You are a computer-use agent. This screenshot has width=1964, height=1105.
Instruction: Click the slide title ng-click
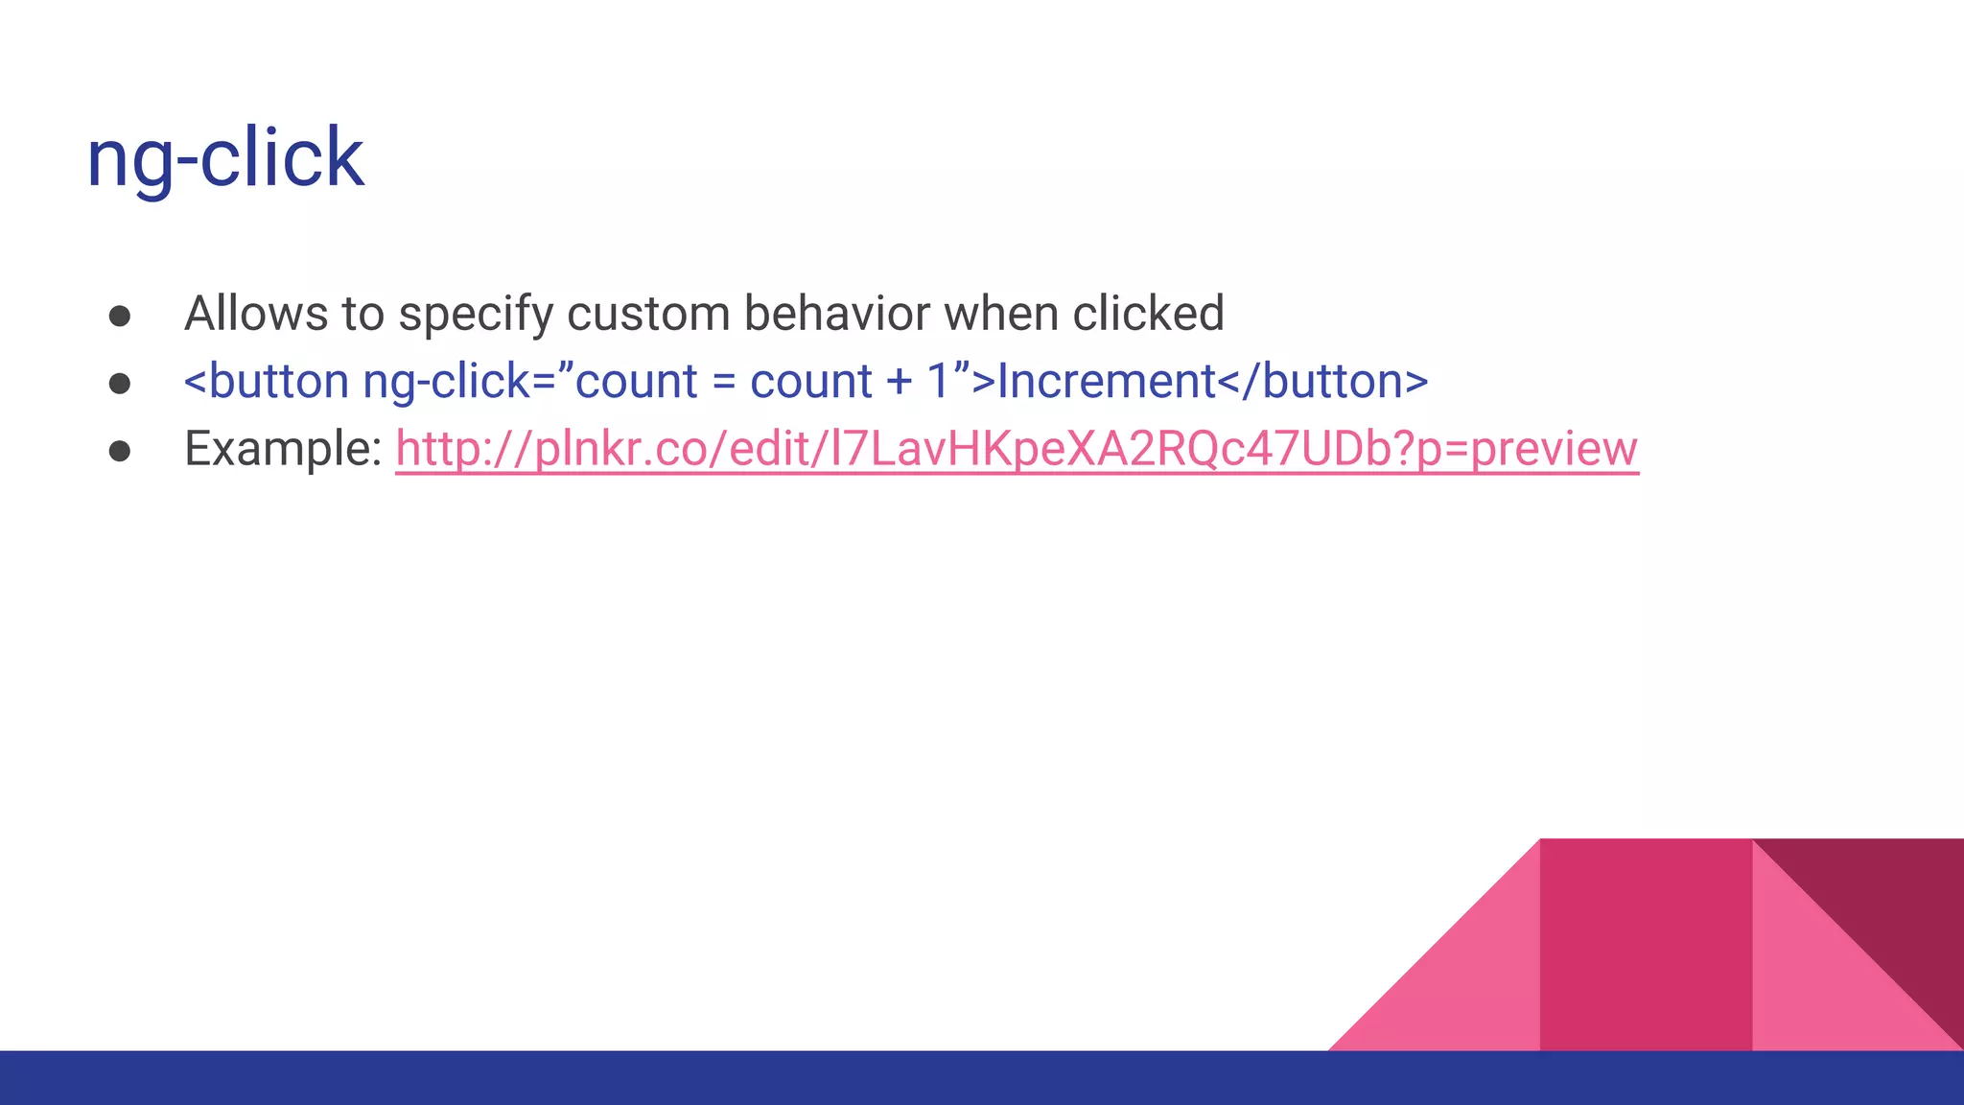pyautogui.click(x=224, y=158)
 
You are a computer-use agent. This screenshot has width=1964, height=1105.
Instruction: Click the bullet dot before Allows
pyautogui.click(x=120, y=317)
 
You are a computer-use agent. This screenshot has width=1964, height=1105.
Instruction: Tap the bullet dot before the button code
pyautogui.click(x=120, y=384)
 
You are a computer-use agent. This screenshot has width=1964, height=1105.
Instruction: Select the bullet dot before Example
pyautogui.click(x=120, y=451)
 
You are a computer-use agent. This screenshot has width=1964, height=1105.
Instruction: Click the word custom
pyautogui.click(x=653, y=314)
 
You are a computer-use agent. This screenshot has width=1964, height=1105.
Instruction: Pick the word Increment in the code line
pyautogui.click(x=1106, y=382)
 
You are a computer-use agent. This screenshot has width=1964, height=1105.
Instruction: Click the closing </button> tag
pyautogui.click(x=1323, y=382)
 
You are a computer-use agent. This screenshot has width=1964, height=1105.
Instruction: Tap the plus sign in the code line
pyautogui.click(x=899, y=383)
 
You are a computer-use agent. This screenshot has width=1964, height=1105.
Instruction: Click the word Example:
pyautogui.click(x=283, y=449)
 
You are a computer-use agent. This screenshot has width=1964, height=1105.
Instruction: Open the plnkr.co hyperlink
pyautogui.click(x=1017, y=449)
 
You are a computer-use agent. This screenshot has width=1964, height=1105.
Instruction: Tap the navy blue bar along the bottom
pyautogui.click(x=671, y=1078)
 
